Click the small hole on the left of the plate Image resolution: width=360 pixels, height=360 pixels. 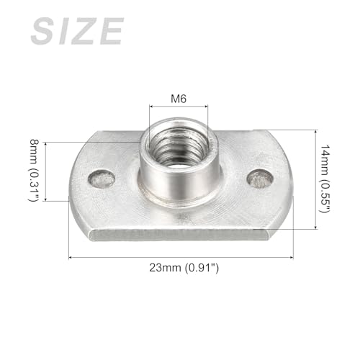tap(102, 178)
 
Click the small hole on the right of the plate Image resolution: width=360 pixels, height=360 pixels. tap(259, 177)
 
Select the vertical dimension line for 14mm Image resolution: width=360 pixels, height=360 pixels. tap(315, 179)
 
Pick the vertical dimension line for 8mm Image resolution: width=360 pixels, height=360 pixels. tap(45, 171)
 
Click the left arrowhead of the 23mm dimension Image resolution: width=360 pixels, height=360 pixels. tap(71, 256)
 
